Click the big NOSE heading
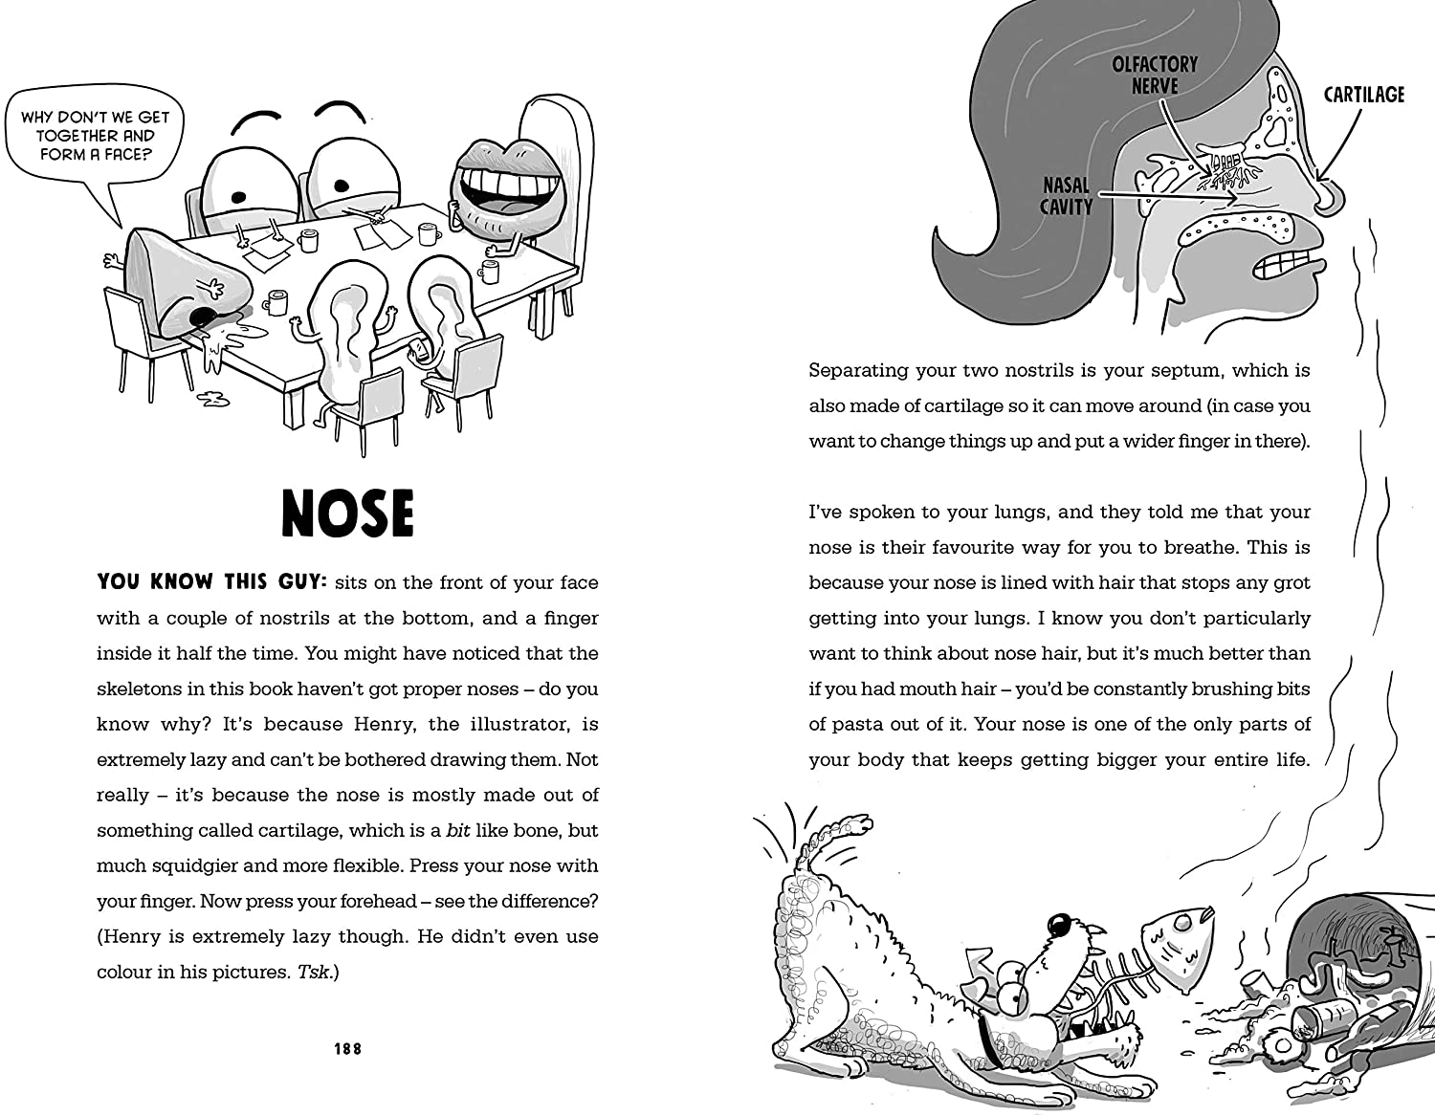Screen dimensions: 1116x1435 (x=348, y=514)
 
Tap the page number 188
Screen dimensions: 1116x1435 (x=348, y=1049)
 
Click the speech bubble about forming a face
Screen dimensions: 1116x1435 (x=95, y=136)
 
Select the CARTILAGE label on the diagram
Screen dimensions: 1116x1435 (x=1363, y=95)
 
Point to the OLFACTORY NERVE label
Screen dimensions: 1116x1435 (x=1155, y=75)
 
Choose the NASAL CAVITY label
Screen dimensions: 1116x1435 (x=1066, y=196)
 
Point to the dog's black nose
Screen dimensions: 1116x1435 (x=1059, y=925)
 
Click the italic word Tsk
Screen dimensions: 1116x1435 (x=314, y=973)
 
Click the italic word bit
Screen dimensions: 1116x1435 (x=458, y=831)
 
